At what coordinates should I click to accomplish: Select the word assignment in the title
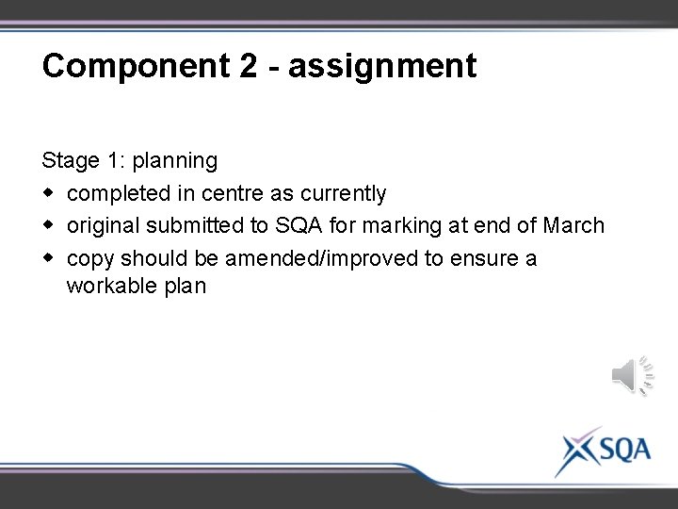[x=382, y=66]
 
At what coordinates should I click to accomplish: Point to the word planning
[x=175, y=161]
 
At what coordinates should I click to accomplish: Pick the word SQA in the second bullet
[x=299, y=226]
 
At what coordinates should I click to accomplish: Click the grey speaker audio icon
[x=632, y=376]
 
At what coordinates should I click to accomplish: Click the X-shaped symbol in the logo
[x=574, y=450]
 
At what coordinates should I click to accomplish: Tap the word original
[x=101, y=226]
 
